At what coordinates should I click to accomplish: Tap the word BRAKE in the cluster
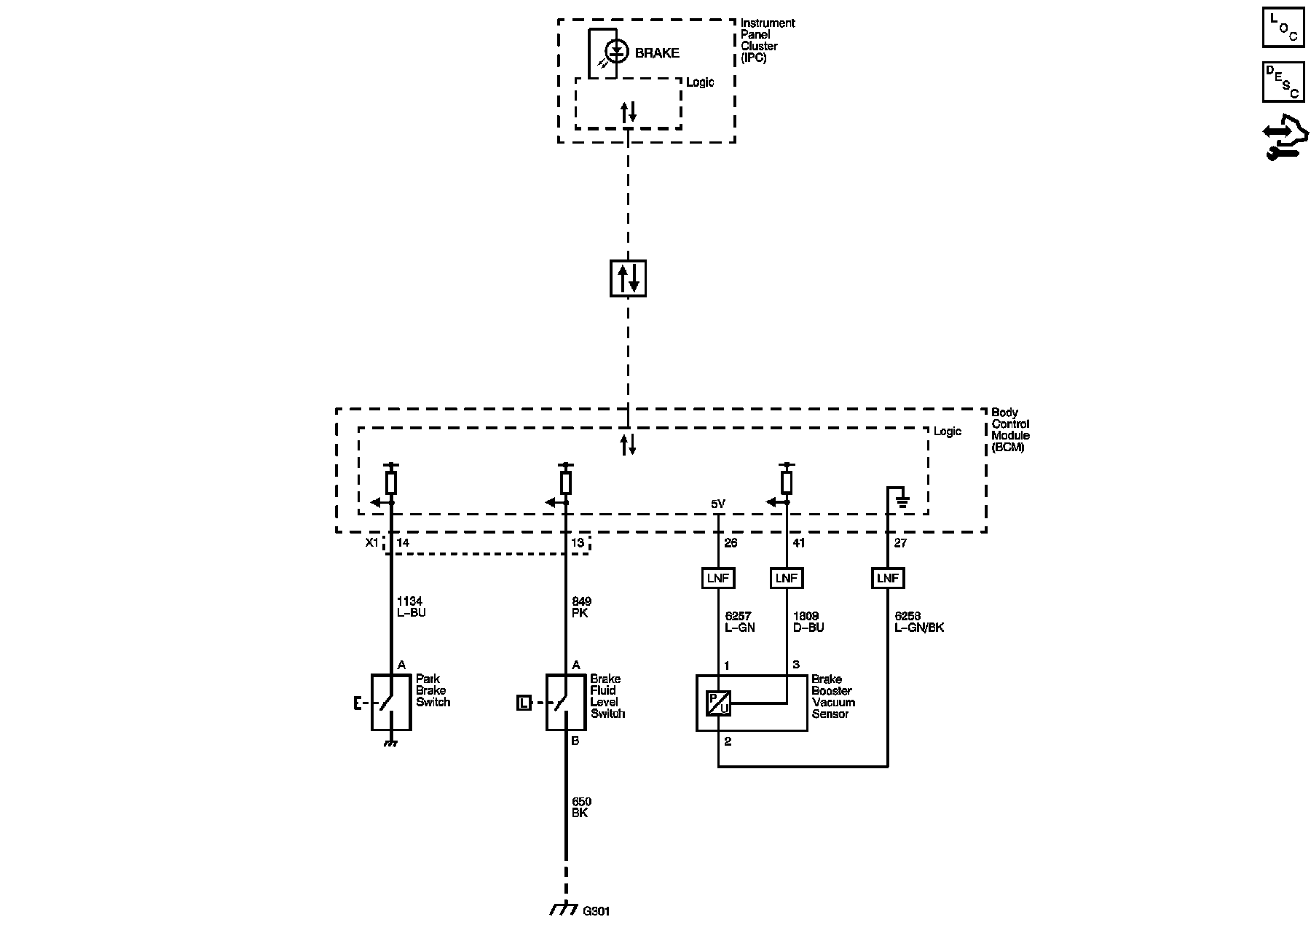657,53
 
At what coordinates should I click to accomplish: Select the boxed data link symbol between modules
628,278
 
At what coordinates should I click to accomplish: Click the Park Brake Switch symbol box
391,702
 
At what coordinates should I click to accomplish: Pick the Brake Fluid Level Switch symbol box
566,702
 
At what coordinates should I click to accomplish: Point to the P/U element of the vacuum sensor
719,703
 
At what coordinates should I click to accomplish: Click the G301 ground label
597,911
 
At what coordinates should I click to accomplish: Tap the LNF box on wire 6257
719,578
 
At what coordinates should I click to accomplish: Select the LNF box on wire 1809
787,578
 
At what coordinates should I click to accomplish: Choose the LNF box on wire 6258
888,578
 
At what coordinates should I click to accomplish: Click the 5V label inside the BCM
718,504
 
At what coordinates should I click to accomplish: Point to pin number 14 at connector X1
402,543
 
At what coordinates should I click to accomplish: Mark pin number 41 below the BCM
799,543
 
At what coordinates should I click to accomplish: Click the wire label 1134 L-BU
410,607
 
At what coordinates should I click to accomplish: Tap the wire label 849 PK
581,607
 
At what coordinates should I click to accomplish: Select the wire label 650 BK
581,807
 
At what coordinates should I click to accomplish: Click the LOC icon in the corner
1283,28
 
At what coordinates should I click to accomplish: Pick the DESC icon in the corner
1283,82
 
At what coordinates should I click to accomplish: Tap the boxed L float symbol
524,703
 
